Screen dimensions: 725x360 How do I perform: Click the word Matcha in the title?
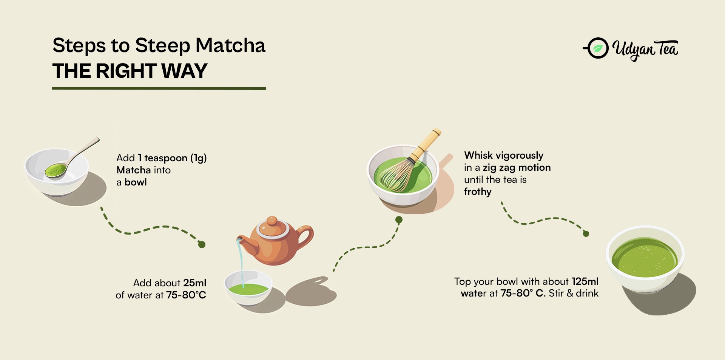230,45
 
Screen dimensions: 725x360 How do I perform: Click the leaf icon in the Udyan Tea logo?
598,48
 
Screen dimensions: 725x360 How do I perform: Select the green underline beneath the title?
159,88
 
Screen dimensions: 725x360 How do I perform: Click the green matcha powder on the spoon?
56,170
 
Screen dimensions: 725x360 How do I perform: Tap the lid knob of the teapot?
272,221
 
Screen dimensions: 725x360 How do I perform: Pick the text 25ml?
195,283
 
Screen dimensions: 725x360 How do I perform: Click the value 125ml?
585,281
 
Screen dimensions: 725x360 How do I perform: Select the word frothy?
478,192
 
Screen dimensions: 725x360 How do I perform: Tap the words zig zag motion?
517,168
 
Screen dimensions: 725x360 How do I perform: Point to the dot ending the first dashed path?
202,245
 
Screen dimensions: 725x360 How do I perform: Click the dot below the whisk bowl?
399,220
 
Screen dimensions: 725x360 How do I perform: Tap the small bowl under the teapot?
248,287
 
